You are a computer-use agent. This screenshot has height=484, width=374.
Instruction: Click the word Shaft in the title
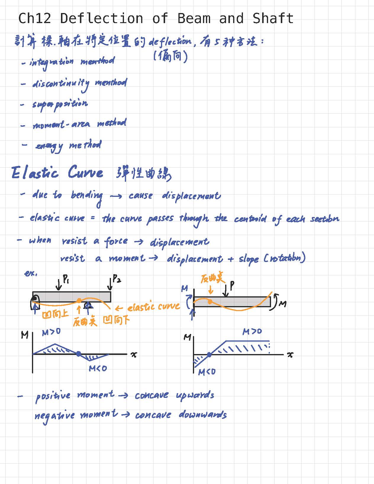273,18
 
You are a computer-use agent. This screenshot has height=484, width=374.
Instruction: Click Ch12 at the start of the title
35,18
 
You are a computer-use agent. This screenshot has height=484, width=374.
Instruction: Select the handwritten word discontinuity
61,84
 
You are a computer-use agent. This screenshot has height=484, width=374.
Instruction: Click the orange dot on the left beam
79,301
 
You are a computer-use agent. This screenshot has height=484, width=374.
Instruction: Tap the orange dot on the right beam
210,302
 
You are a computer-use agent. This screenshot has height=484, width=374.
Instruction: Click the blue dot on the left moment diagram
78,354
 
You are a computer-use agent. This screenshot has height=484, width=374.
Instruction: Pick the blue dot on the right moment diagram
209,354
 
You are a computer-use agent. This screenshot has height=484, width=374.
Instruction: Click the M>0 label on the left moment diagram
51,332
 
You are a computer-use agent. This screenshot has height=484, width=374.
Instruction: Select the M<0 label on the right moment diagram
207,372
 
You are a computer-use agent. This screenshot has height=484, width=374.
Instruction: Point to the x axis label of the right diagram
290,354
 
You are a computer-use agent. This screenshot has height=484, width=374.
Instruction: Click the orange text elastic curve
154,307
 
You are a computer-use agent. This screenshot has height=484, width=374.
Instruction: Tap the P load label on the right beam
232,285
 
